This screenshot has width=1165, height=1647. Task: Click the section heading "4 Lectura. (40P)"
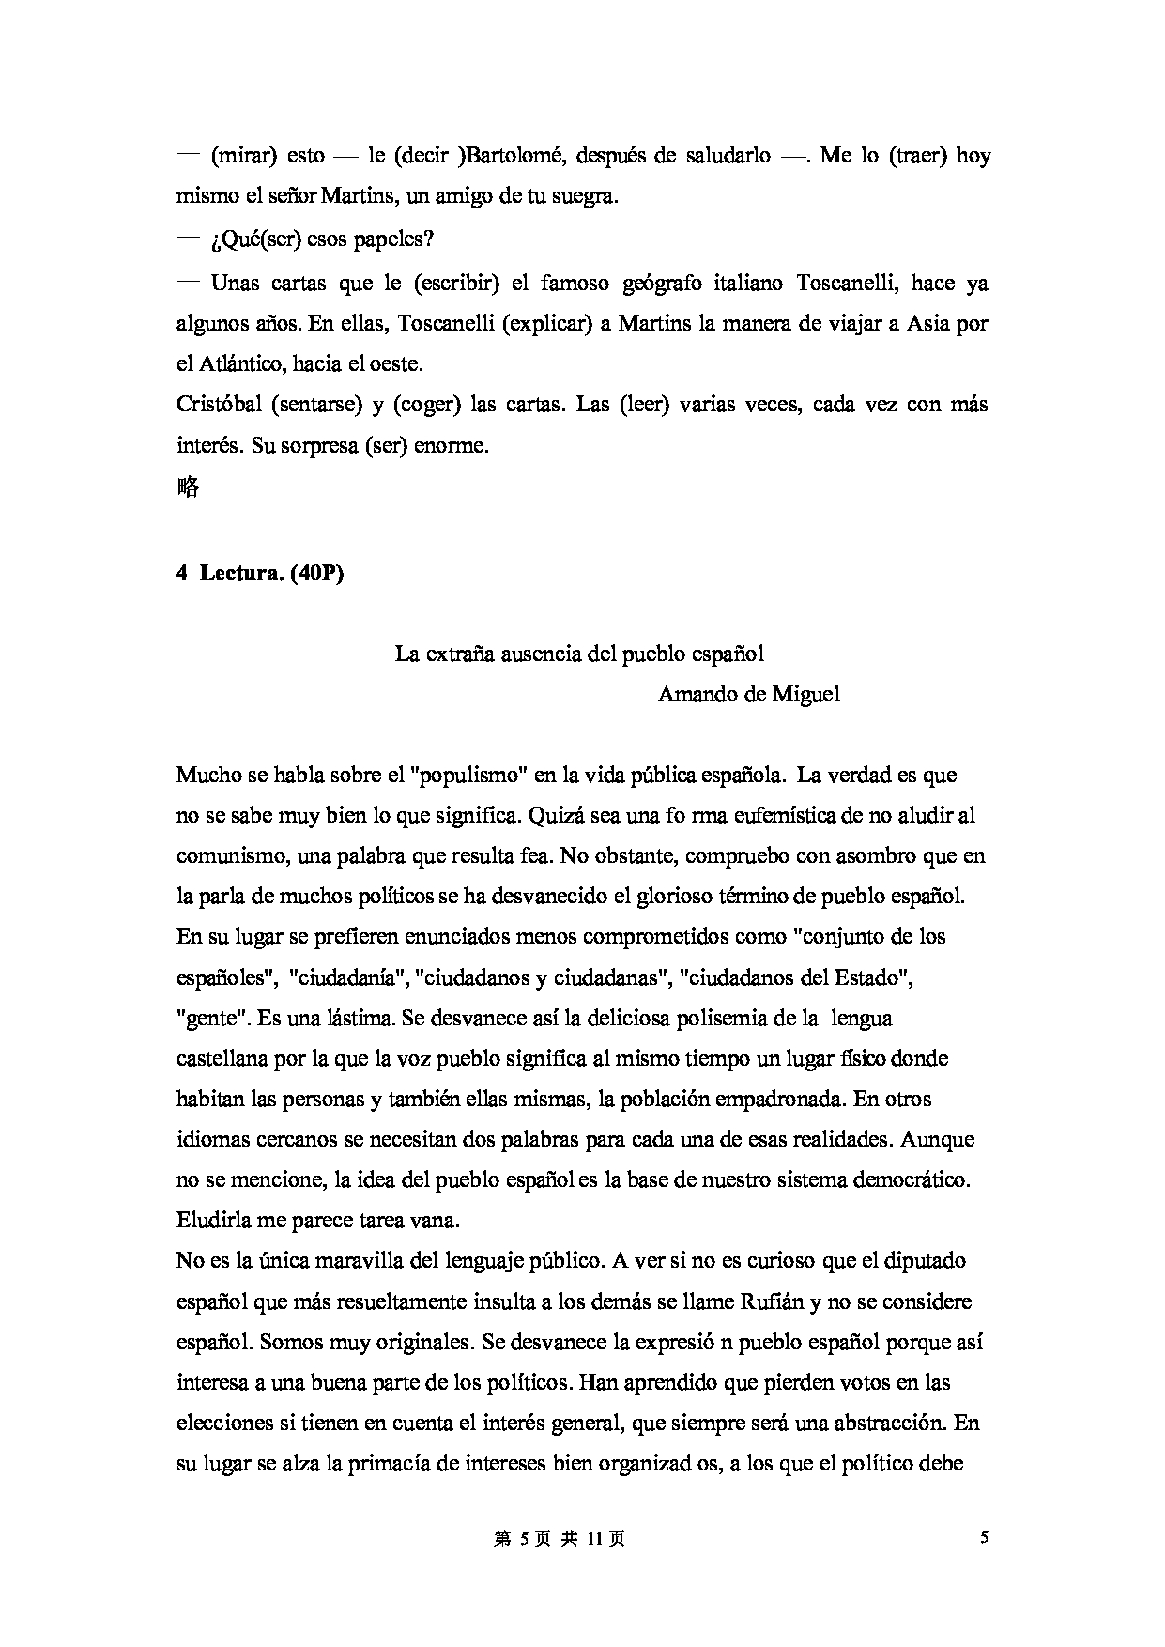point(260,574)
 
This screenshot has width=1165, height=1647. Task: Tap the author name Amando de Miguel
point(748,694)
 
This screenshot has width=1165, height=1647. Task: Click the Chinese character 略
point(188,487)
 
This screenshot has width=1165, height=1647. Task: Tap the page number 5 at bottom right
point(984,1538)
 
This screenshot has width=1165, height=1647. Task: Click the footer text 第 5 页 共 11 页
point(559,1539)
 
